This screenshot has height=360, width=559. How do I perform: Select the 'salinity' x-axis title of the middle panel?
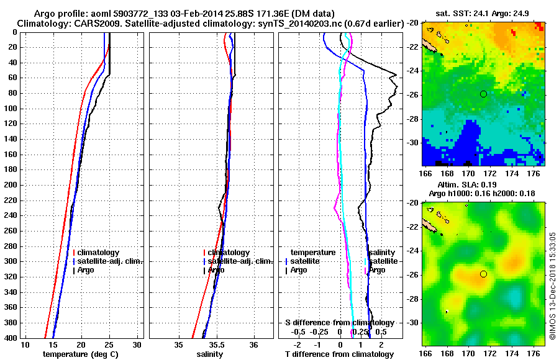point(210,354)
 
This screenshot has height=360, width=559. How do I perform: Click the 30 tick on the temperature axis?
point(137,345)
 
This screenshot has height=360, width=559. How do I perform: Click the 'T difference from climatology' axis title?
point(340,354)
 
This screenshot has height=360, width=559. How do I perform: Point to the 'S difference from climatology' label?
point(340,323)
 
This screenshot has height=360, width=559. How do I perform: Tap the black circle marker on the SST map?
point(483,94)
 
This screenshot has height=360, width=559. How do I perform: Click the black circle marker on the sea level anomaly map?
point(483,274)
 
